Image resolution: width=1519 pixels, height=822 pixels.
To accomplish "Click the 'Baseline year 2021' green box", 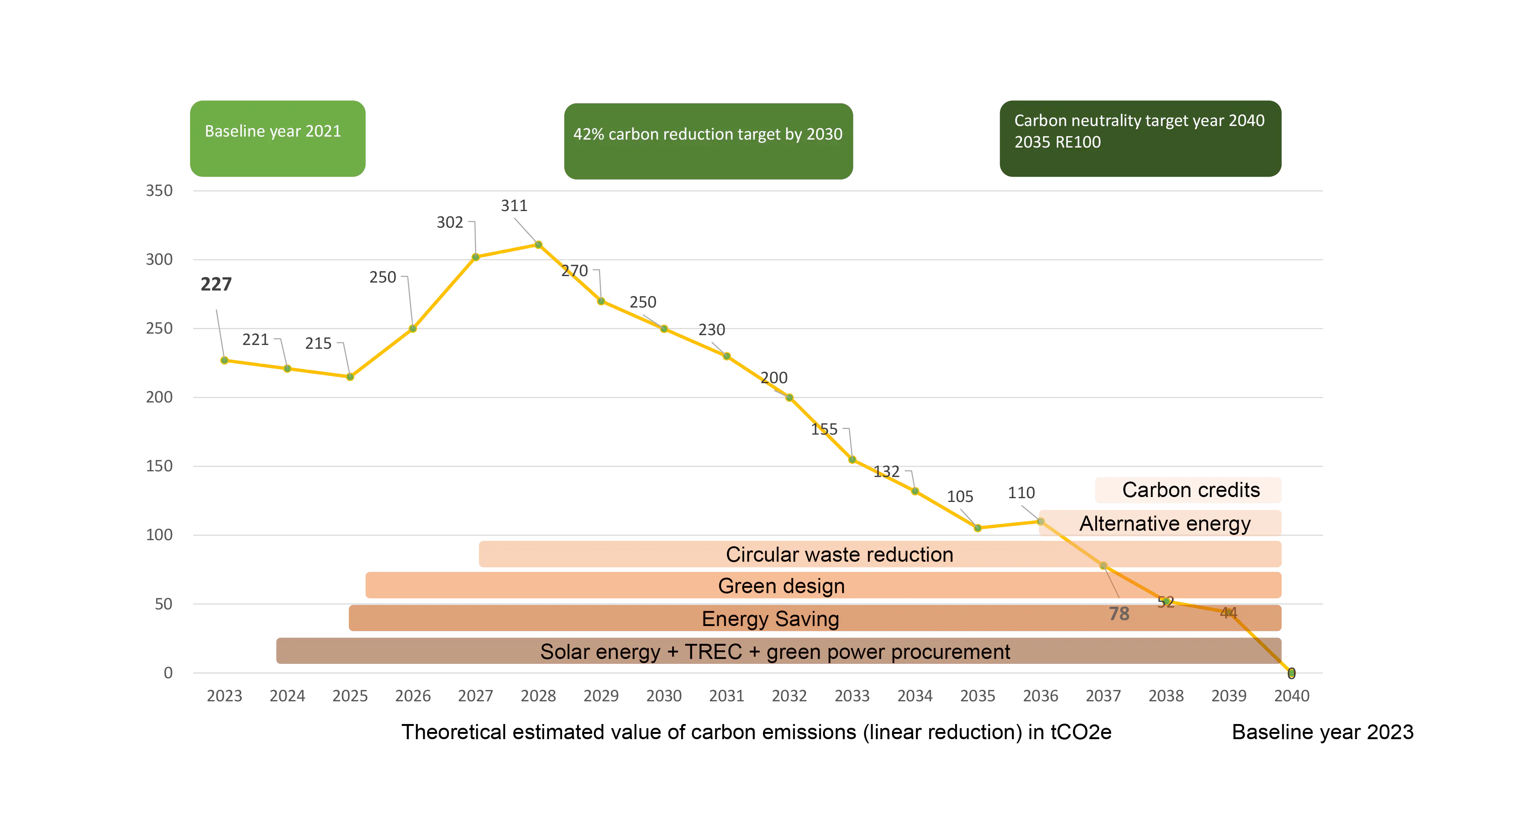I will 276,138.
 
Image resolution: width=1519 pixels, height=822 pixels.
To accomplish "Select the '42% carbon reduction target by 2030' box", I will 708,141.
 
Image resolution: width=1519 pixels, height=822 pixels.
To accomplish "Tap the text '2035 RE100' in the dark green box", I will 1057,143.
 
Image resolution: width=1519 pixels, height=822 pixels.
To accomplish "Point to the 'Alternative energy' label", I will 1165,524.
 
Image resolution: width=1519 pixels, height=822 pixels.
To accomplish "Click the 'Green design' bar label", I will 781,586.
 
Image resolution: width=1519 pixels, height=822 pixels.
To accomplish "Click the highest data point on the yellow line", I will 538,244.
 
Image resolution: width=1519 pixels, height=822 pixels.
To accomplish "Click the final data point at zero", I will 1291,672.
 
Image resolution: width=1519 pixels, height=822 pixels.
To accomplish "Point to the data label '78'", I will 1119,614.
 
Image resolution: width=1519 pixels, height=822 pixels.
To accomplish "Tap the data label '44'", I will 1228,613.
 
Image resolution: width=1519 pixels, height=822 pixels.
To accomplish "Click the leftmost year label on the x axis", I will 224,696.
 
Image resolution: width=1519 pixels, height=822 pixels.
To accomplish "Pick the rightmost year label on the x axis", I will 1291,696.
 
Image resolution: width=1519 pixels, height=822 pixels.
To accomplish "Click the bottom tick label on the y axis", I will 168,673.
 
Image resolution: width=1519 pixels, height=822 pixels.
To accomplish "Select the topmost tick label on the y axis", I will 158,190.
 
